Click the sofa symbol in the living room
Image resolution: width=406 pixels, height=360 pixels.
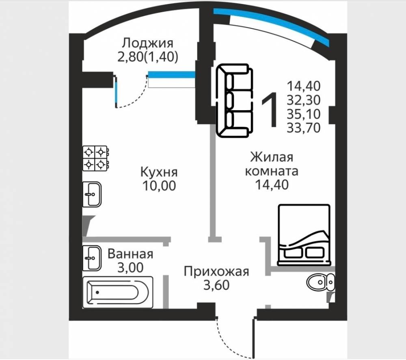click(x=233, y=101)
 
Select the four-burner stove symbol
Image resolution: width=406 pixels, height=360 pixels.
click(x=95, y=158)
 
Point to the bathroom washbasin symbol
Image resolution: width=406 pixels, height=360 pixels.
click(x=92, y=258)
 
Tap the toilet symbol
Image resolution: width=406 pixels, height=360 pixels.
click(x=320, y=282)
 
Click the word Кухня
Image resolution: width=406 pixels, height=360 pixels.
click(x=159, y=172)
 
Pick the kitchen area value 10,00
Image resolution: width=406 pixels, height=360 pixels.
click(x=159, y=186)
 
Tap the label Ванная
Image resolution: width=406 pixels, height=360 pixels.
click(x=130, y=254)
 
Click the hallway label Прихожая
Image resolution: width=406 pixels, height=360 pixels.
click(x=216, y=271)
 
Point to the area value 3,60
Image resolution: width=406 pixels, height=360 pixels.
click(x=216, y=285)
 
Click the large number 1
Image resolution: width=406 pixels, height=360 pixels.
click(x=269, y=108)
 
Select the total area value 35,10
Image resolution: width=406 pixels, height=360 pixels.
click(x=304, y=113)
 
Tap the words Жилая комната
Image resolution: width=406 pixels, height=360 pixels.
click(x=271, y=164)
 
